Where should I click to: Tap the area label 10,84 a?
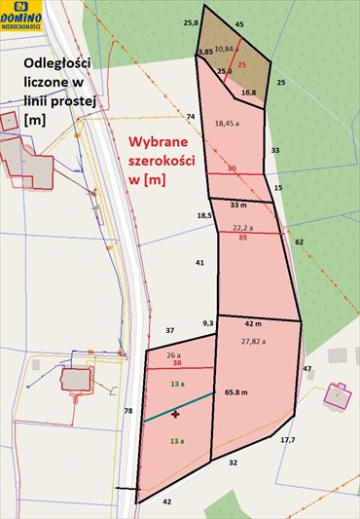(x=224, y=48)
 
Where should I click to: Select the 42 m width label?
(x=253, y=323)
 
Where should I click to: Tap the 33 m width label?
(x=238, y=205)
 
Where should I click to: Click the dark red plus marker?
(x=175, y=414)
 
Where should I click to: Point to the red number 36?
(x=177, y=363)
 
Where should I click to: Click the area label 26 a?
(x=173, y=354)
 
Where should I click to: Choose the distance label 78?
(x=127, y=411)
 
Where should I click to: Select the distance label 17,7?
(x=287, y=441)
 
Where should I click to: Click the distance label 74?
(x=191, y=117)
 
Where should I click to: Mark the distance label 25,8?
(x=191, y=21)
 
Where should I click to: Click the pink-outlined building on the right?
(x=338, y=395)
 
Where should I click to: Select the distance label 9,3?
(x=207, y=322)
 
